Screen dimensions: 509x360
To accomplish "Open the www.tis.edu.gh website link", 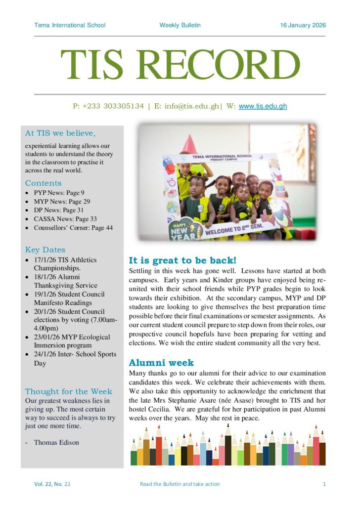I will [263, 106].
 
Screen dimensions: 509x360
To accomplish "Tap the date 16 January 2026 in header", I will [303, 25].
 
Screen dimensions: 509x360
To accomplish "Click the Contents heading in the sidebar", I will [44, 183].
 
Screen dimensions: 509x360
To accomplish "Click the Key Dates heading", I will [45, 250].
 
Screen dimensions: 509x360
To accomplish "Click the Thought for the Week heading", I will [69, 391].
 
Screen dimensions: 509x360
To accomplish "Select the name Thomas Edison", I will [56, 442].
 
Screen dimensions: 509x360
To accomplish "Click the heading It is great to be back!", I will [182, 260].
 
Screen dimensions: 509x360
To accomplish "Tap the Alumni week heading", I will [161, 363].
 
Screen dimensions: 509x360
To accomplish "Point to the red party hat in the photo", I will [189, 145].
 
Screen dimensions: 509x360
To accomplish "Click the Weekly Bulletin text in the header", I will [180, 25].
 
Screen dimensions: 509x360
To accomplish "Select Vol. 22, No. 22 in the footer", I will [52, 484].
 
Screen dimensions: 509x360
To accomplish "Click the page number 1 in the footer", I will [324, 484].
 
